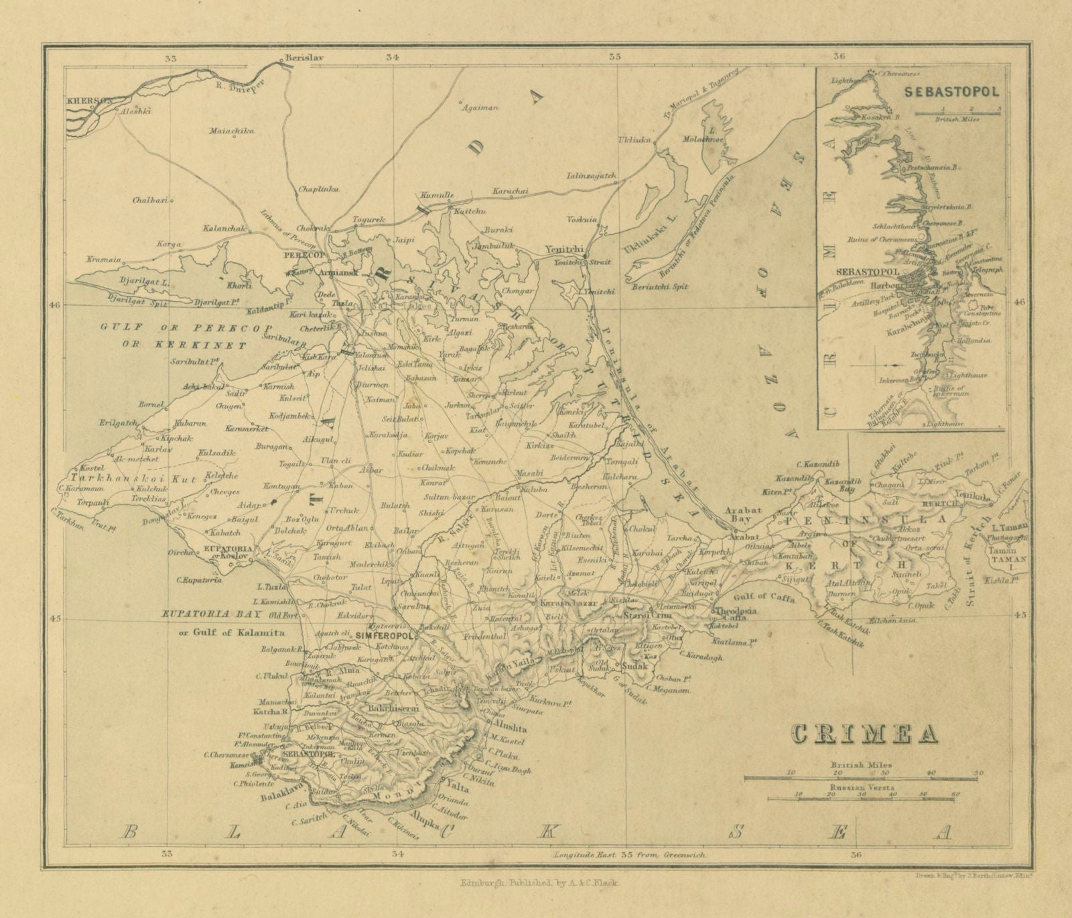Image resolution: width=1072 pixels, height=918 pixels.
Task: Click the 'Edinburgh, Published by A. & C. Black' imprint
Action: [540, 884]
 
